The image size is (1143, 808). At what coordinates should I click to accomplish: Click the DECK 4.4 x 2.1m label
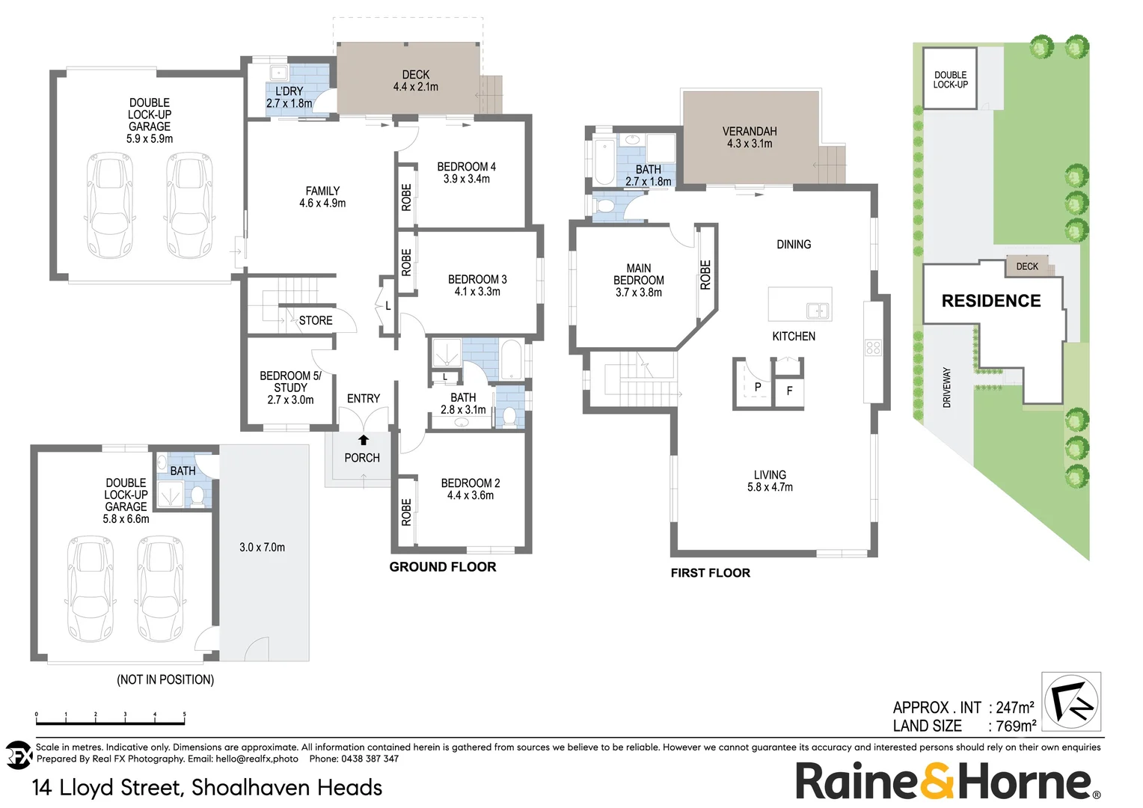click(x=416, y=81)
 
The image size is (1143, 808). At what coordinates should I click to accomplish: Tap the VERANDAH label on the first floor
click(x=750, y=132)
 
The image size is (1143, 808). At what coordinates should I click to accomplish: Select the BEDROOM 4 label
click(x=466, y=167)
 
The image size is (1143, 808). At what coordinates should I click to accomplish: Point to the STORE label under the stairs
click(x=316, y=320)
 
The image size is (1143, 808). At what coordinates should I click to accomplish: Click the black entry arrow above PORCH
click(x=364, y=440)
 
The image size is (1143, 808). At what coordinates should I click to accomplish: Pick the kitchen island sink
click(x=817, y=310)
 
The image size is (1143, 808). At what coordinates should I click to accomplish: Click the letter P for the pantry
click(x=758, y=388)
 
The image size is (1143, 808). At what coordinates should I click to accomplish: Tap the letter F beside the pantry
click(x=789, y=391)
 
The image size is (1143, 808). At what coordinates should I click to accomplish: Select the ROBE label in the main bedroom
click(x=705, y=275)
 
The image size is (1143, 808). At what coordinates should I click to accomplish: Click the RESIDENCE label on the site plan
click(x=991, y=301)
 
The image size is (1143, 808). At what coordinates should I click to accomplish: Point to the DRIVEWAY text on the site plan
click(x=947, y=387)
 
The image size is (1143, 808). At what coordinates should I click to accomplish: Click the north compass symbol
click(x=1072, y=701)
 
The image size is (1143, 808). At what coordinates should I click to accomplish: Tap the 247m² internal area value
click(x=1015, y=707)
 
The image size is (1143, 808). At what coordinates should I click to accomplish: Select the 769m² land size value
click(x=1016, y=726)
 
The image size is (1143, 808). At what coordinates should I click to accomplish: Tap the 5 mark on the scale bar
click(x=184, y=715)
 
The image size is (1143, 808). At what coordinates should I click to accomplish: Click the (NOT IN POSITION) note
click(x=165, y=679)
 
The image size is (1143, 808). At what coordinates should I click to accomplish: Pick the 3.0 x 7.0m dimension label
click(x=262, y=547)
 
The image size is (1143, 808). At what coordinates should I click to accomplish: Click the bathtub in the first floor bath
click(x=602, y=160)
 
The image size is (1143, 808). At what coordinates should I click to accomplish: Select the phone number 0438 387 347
click(x=370, y=759)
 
